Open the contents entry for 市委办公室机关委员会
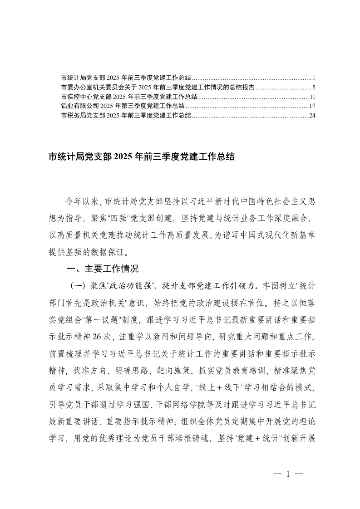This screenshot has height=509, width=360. tap(158, 87)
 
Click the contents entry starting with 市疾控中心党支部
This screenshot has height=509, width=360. tap(129, 97)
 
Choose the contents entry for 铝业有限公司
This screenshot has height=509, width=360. tap(123, 106)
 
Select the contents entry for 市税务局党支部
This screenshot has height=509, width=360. tap(126, 116)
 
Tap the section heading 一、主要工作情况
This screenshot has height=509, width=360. tap(103, 269)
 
